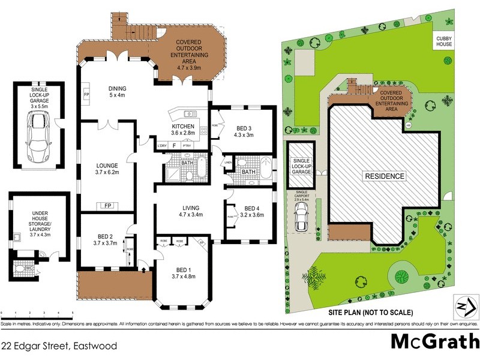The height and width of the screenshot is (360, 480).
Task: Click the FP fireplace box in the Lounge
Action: (x=109, y=205)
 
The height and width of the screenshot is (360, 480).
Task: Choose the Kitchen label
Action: (x=183, y=127)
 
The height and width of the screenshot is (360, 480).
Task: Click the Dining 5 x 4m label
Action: (x=117, y=91)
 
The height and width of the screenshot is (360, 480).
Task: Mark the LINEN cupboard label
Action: (x=228, y=163)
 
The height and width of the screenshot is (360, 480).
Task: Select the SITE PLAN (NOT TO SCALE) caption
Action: (x=370, y=313)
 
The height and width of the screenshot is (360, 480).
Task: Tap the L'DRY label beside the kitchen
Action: (x=161, y=145)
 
